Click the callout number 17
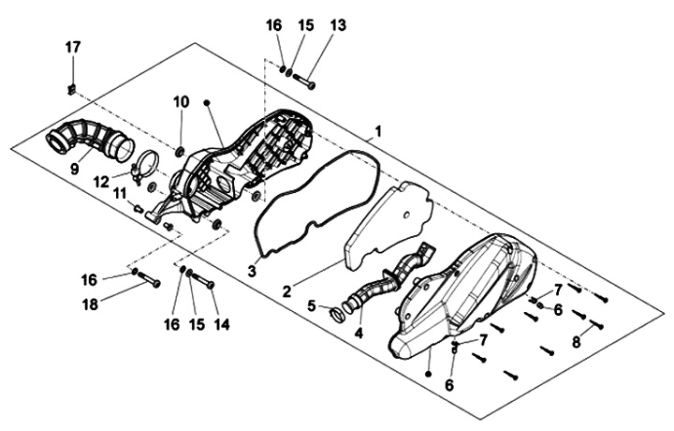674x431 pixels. [x=73, y=47]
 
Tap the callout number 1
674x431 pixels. [x=378, y=130]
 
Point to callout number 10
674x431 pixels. [x=182, y=101]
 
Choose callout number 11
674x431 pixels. [x=120, y=193]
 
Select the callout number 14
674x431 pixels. [x=222, y=324]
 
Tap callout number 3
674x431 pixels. [x=251, y=271]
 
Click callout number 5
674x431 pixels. [x=312, y=305]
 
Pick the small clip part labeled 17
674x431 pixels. [x=72, y=90]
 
